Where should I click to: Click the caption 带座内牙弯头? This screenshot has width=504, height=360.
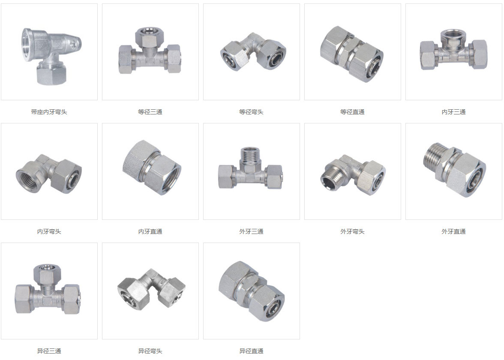(x=49, y=112)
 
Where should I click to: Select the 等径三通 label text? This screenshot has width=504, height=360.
(x=150, y=112)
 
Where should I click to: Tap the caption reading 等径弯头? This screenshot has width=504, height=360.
(x=251, y=112)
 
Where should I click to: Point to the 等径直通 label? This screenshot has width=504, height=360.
(x=353, y=112)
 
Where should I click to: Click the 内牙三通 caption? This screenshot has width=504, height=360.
(x=453, y=112)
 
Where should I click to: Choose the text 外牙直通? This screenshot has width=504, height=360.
(x=453, y=231)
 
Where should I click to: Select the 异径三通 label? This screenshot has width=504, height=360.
(x=49, y=351)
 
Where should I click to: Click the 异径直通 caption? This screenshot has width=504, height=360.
(x=251, y=351)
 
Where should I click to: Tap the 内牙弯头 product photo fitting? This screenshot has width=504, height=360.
(x=49, y=174)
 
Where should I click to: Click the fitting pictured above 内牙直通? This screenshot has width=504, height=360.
(x=152, y=167)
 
